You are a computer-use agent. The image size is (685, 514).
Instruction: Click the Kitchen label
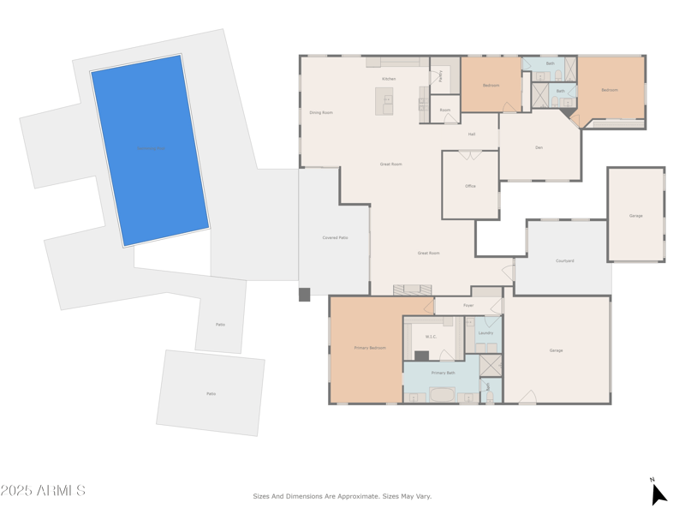pyautogui.click(x=389, y=79)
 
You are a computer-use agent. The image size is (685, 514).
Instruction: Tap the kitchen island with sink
pyautogui.click(x=384, y=101)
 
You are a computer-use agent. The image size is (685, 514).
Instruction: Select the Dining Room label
pyautogui.click(x=321, y=112)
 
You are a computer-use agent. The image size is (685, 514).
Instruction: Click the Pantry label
pyautogui.click(x=441, y=75)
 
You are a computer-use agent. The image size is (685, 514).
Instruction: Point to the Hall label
pyautogui.click(x=472, y=134)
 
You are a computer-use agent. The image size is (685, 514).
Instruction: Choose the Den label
pyautogui.click(x=539, y=147)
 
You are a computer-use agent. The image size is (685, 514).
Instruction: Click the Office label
pyautogui.click(x=470, y=186)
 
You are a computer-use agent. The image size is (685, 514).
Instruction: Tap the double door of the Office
pyautogui.click(x=470, y=155)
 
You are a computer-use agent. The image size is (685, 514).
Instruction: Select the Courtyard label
pyautogui.click(x=564, y=260)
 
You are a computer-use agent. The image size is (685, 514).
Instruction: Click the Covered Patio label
pyautogui.click(x=335, y=237)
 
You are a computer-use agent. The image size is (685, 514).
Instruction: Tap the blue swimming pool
pyautogui.click(x=151, y=150)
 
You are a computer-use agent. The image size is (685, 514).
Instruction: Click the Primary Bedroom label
pyautogui.click(x=370, y=348)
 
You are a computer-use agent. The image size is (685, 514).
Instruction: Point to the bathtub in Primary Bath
pyautogui.click(x=443, y=395)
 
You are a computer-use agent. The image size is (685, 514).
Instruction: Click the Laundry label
pyautogui.click(x=485, y=332)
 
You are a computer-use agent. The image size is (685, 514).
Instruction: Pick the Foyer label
pyautogui.click(x=468, y=305)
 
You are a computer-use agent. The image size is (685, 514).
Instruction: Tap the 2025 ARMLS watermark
pyautogui.click(x=43, y=491)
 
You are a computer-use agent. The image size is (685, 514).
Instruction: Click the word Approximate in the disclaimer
pyautogui.click(x=354, y=496)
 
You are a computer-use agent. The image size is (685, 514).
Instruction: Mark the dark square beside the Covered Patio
pyautogui.click(x=304, y=295)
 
